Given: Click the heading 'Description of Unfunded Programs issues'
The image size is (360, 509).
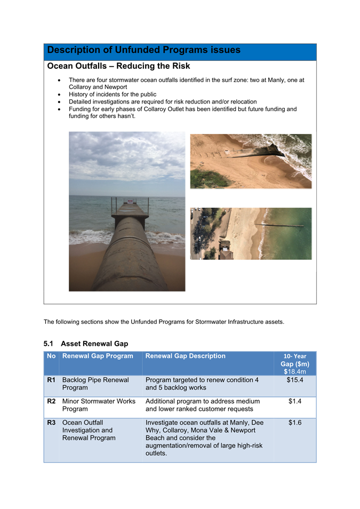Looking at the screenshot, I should pyautogui.click(x=143, y=50).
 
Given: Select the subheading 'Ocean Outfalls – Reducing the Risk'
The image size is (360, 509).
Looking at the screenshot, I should pyautogui.click(x=118, y=66).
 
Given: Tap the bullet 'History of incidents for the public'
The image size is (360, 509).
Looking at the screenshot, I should pyautogui.click(x=113, y=94).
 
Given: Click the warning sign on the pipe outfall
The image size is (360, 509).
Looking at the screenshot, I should pyautogui.click(x=130, y=202).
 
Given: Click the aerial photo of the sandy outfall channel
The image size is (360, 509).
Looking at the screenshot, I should pyautogui.click(x=251, y=161).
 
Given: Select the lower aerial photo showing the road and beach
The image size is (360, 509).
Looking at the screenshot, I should pyautogui.click(x=251, y=234).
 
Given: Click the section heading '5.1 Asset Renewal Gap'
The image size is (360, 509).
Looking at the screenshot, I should pyautogui.click(x=86, y=344).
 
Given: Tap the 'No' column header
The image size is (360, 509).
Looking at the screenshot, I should pyautogui.click(x=51, y=356).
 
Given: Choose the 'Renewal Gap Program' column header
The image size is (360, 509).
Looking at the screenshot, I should pyautogui.click(x=98, y=356).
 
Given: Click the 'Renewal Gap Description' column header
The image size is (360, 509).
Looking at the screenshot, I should pyautogui.click(x=185, y=356).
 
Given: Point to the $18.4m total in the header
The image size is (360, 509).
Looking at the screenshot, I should pyautogui.click(x=295, y=371).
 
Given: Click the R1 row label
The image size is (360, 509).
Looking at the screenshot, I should pyautogui.click(x=51, y=380).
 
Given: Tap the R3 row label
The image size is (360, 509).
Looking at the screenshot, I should pyautogui.click(x=51, y=423).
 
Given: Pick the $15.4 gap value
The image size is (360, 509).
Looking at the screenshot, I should pyautogui.click(x=295, y=380).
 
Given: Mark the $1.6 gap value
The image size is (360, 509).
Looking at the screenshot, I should pyautogui.click(x=295, y=423).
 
